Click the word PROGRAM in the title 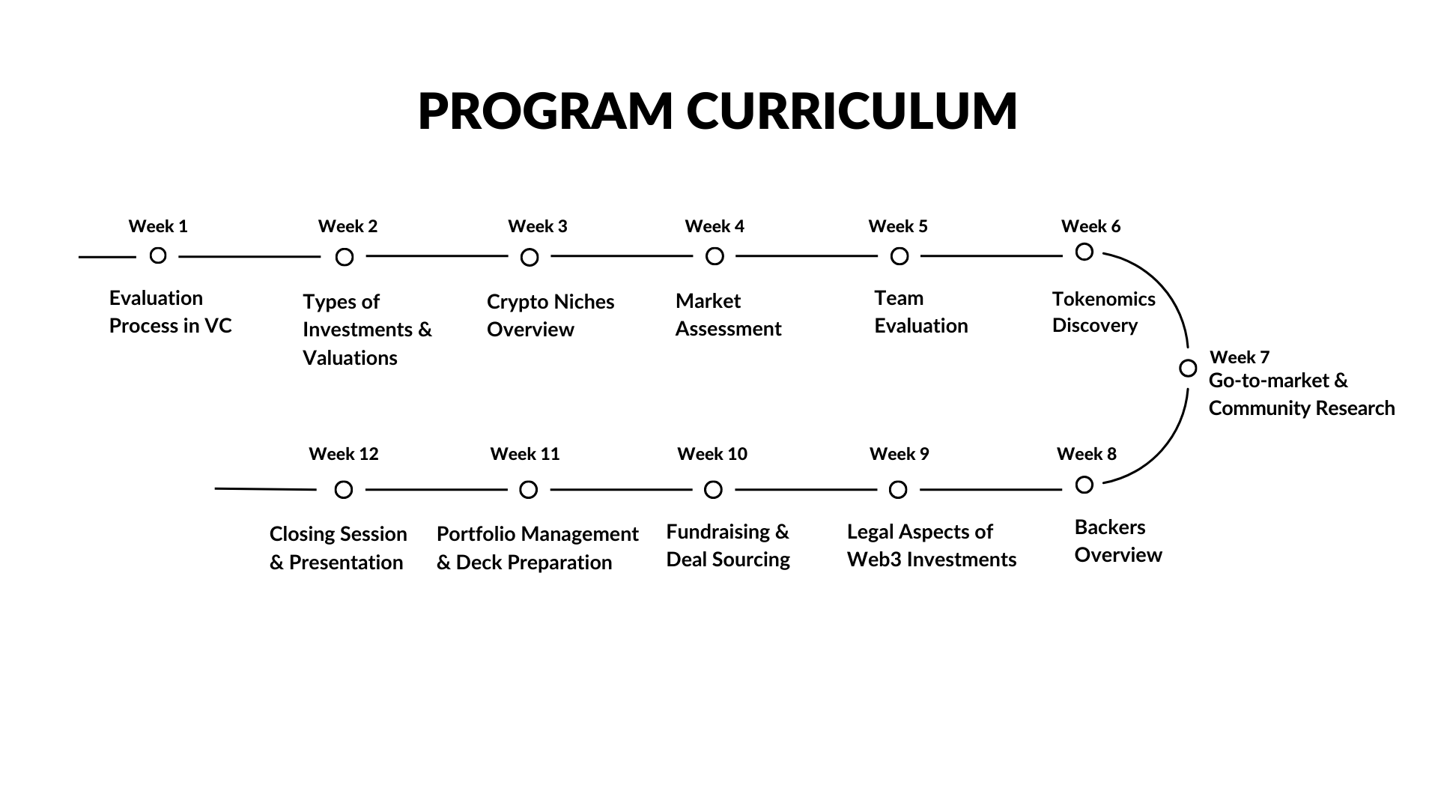click(x=545, y=112)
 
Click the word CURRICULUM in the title click(x=852, y=112)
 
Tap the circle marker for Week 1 click(x=158, y=255)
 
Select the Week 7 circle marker click(x=1188, y=369)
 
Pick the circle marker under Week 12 click(x=344, y=490)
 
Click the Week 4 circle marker click(x=715, y=257)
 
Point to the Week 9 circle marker click(x=898, y=490)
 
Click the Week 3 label click(x=538, y=226)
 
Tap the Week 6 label click(x=1091, y=226)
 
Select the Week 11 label click(x=525, y=454)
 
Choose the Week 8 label click(x=1087, y=454)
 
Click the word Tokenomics click(x=1104, y=299)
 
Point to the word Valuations click(x=351, y=358)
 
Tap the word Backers click(x=1111, y=527)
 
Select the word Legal click(x=870, y=533)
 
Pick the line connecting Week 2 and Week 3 click(x=437, y=256)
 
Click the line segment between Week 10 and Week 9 click(x=806, y=490)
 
